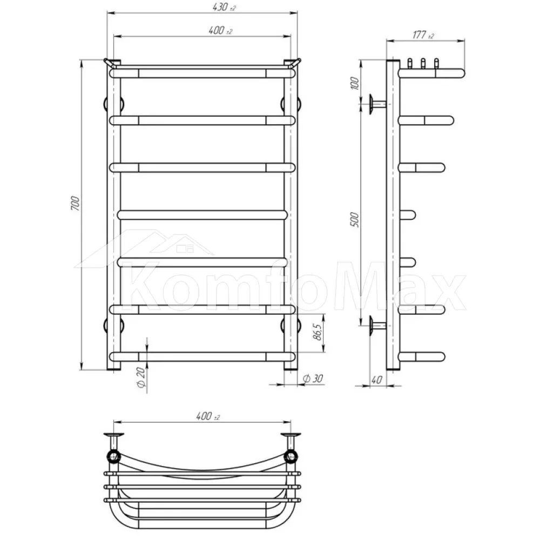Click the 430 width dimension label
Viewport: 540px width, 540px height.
coord(224,7)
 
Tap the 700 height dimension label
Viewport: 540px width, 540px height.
coord(75,204)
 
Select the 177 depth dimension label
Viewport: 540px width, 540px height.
coord(423,35)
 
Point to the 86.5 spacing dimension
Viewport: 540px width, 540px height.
coord(318,332)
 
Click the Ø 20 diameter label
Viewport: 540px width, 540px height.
coord(141,377)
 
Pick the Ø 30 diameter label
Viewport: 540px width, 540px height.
coord(313,379)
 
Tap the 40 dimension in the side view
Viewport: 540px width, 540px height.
coord(377,380)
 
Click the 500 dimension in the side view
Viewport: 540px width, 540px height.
coord(354,220)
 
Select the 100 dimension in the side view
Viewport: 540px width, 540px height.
coord(354,83)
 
